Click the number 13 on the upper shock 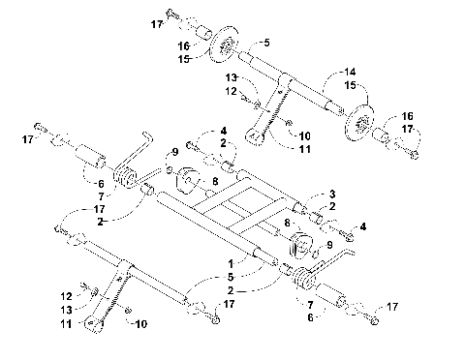click(x=232, y=76)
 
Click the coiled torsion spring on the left click(x=126, y=177)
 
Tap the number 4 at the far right click(x=362, y=225)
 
